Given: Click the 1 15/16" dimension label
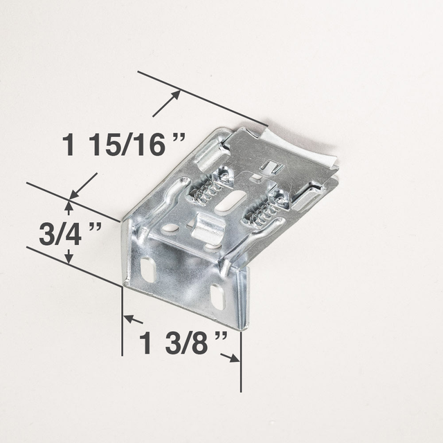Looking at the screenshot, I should click(125, 145).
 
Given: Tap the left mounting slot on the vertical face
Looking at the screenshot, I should click(147, 268).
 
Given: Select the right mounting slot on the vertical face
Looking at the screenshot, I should click(217, 296).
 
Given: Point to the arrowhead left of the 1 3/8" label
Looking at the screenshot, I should click(129, 319).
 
